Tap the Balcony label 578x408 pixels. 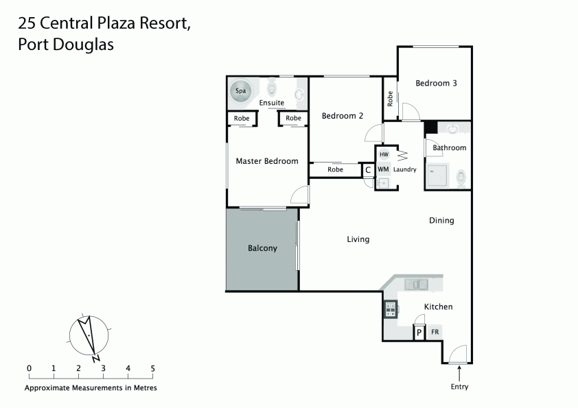(262, 248)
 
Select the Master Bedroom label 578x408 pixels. (267, 161)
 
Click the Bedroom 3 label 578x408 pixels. (436, 83)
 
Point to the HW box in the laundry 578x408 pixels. (384, 155)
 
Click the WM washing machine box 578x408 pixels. (383, 169)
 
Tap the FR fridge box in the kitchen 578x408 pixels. (435, 333)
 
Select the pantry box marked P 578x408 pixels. (418, 333)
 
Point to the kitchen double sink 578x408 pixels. (416, 284)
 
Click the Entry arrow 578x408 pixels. (459, 372)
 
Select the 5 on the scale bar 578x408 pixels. (152, 368)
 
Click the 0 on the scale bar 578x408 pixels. (29, 368)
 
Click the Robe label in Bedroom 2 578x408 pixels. (335, 169)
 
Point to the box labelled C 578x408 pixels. (367, 169)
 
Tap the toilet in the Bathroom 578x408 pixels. (461, 178)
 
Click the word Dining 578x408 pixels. (441, 220)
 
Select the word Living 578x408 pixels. (358, 239)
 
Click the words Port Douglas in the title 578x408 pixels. (65, 46)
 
